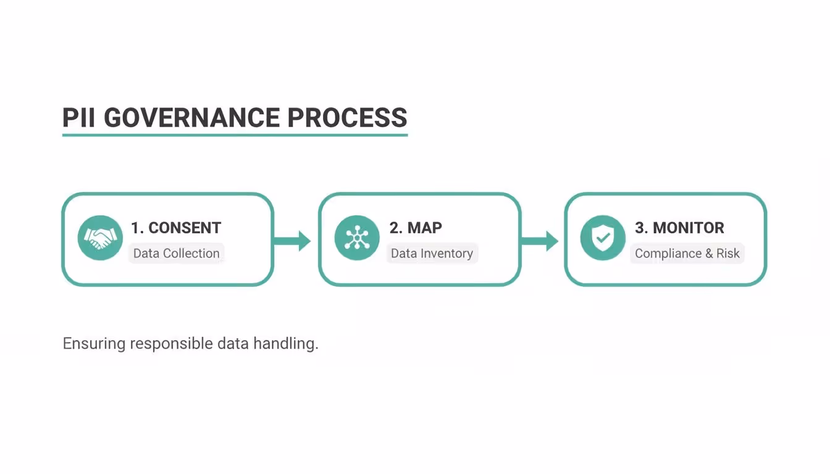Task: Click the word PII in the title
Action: (x=79, y=117)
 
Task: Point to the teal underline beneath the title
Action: (x=235, y=135)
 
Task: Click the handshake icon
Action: (x=100, y=238)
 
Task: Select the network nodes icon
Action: (x=357, y=238)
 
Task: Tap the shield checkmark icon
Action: (x=603, y=238)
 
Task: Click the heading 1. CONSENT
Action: (x=176, y=228)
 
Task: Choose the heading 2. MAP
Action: (x=416, y=228)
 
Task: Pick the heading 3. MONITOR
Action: (x=679, y=228)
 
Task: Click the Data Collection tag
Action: (x=177, y=254)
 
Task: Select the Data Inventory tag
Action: (x=432, y=254)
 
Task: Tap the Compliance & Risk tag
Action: (x=687, y=254)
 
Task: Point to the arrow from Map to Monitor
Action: (x=541, y=240)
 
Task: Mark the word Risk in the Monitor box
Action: (x=727, y=254)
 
